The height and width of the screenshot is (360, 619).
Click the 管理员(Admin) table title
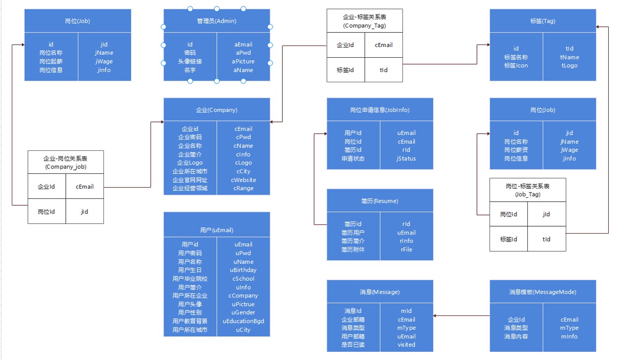pos(217,21)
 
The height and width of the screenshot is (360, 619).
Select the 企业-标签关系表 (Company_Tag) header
pos(365,21)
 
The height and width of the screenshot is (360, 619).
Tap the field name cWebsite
pos(243,180)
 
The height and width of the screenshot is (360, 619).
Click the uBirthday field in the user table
pos(243,270)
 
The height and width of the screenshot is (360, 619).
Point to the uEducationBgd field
pos(243,321)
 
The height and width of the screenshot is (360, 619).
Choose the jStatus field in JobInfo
pos(406,159)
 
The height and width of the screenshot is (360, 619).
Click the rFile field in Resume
pos(406,250)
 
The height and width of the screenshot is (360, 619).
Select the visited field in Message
pos(406,344)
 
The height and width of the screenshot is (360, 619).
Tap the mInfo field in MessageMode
pos(569,336)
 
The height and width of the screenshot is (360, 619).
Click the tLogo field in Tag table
pos(569,66)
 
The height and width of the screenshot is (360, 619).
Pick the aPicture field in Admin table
pos(243,61)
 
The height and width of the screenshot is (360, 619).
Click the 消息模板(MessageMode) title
pos(543,292)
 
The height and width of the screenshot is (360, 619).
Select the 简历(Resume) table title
pos(380,201)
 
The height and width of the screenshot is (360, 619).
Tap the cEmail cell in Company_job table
pos(85,187)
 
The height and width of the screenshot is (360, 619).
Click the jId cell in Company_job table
pos(85,212)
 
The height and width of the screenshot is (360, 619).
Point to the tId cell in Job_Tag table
pos(546,239)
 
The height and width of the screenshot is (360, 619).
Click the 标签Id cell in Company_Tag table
pos(345,70)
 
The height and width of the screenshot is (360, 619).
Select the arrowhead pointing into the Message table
pos(435,315)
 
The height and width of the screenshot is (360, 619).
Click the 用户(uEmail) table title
pos(217,230)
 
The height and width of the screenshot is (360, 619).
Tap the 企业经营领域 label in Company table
pos(190,188)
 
